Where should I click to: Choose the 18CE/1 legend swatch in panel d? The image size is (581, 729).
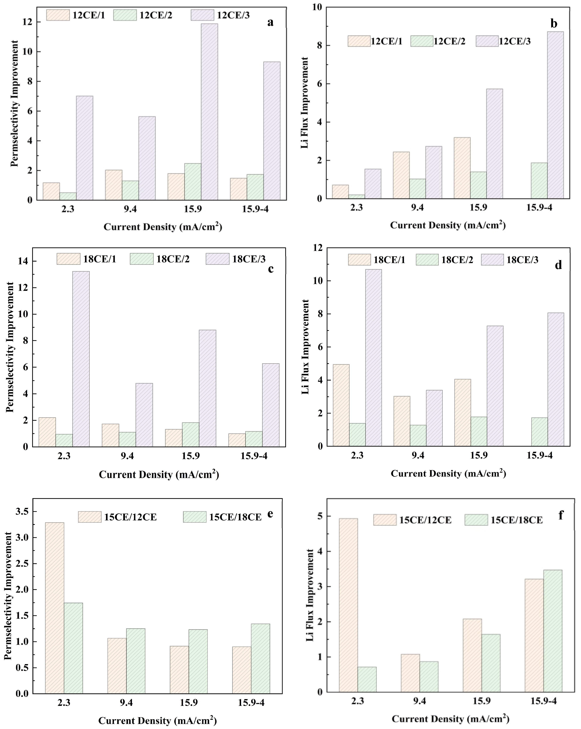coord(359,260)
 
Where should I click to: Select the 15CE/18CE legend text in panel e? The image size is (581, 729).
coord(235,517)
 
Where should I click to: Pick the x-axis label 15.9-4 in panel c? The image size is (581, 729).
coord(254,456)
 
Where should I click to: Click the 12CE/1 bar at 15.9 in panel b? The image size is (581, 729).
coord(462,168)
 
